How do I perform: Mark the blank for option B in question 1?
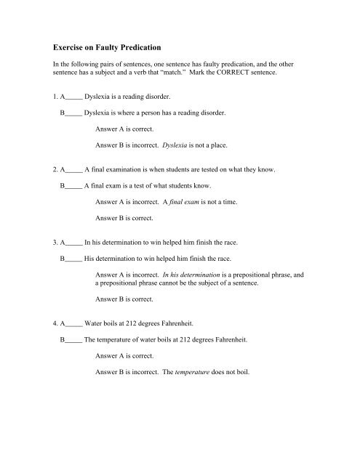73,114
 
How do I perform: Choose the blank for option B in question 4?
73,339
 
